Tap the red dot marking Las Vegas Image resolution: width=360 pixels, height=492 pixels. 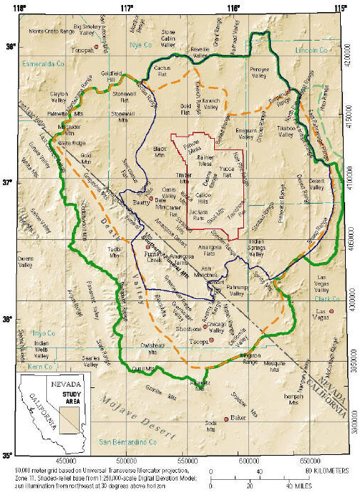click(x=331, y=311)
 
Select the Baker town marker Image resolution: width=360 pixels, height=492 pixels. click(x=226, y=419)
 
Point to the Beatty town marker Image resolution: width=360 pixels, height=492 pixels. click(x=151, y=199)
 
